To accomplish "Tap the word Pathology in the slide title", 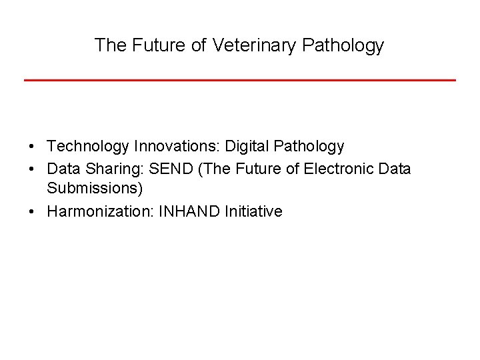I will [343, 45].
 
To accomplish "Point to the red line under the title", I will [240, 80].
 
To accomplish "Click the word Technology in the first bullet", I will [88, 146].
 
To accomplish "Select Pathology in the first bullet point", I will [308, 146].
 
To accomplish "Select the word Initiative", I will [254, 212].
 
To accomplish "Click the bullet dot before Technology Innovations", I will [31, 147].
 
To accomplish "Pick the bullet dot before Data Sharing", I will [31, 169].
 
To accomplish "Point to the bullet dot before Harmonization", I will [31, 213].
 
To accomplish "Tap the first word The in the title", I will [109, 45].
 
